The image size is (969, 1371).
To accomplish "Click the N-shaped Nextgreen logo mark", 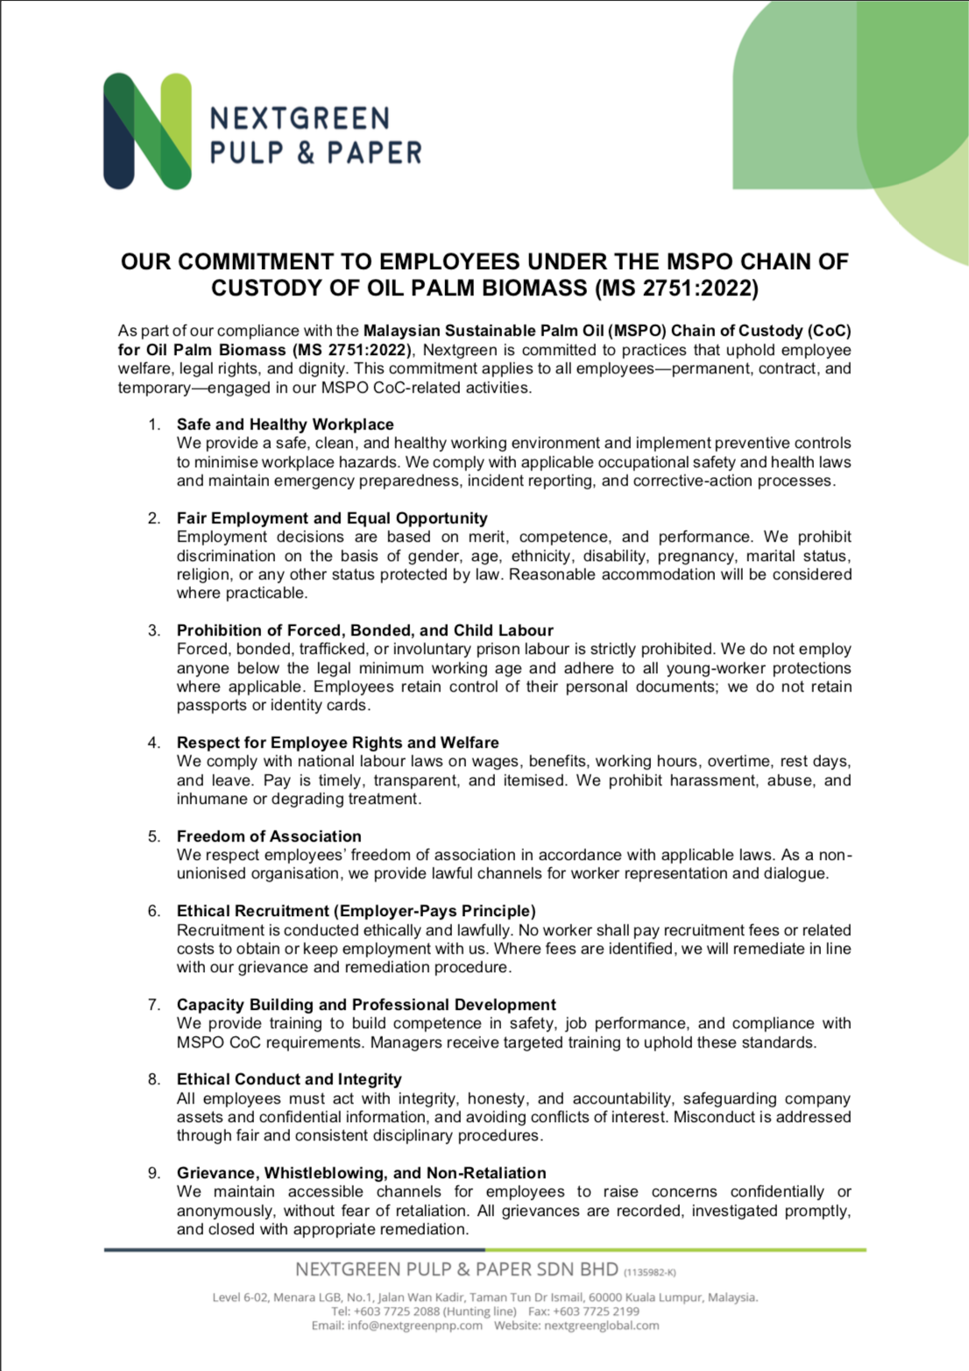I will [147, 131].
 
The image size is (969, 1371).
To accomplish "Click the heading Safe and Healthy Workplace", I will [285, 424].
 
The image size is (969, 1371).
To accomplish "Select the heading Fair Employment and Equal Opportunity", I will [332, 518].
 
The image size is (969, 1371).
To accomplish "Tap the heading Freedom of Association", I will [269, 836].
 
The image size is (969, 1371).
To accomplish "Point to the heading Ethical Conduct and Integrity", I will [289, 1079].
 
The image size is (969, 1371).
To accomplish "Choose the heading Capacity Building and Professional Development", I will [366, 1005].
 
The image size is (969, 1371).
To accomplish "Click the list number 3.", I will [154, 630].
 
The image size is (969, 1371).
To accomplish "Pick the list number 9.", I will [154, 1173].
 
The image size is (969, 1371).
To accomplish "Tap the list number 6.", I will [154, 911].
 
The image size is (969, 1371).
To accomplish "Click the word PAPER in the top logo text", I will [374, 153].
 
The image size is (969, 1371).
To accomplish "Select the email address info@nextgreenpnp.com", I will [414, 1325].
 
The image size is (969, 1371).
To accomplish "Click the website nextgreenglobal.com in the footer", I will [601, 1325].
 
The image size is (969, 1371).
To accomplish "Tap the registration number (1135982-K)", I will [649, 1272].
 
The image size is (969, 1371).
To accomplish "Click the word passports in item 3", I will [211, 705].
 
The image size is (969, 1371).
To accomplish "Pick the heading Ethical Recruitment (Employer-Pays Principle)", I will [356, 911].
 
